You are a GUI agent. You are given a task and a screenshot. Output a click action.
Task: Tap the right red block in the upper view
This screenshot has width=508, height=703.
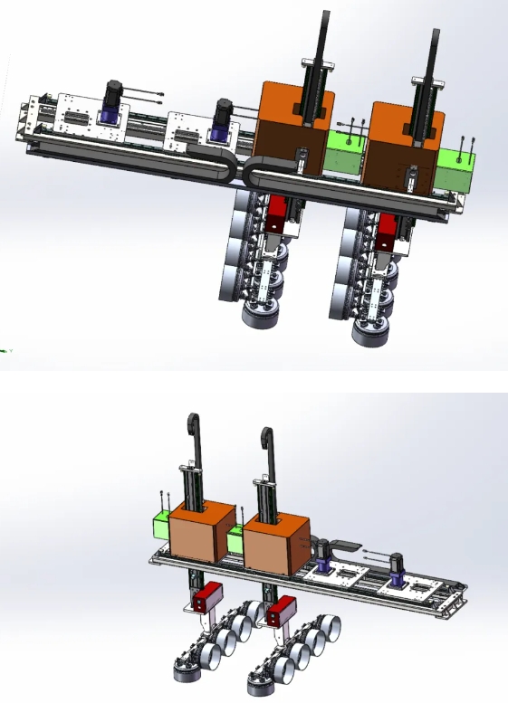[x=387, y=233]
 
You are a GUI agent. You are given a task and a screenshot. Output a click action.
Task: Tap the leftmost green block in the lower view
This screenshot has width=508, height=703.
[x=159, y=529]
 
